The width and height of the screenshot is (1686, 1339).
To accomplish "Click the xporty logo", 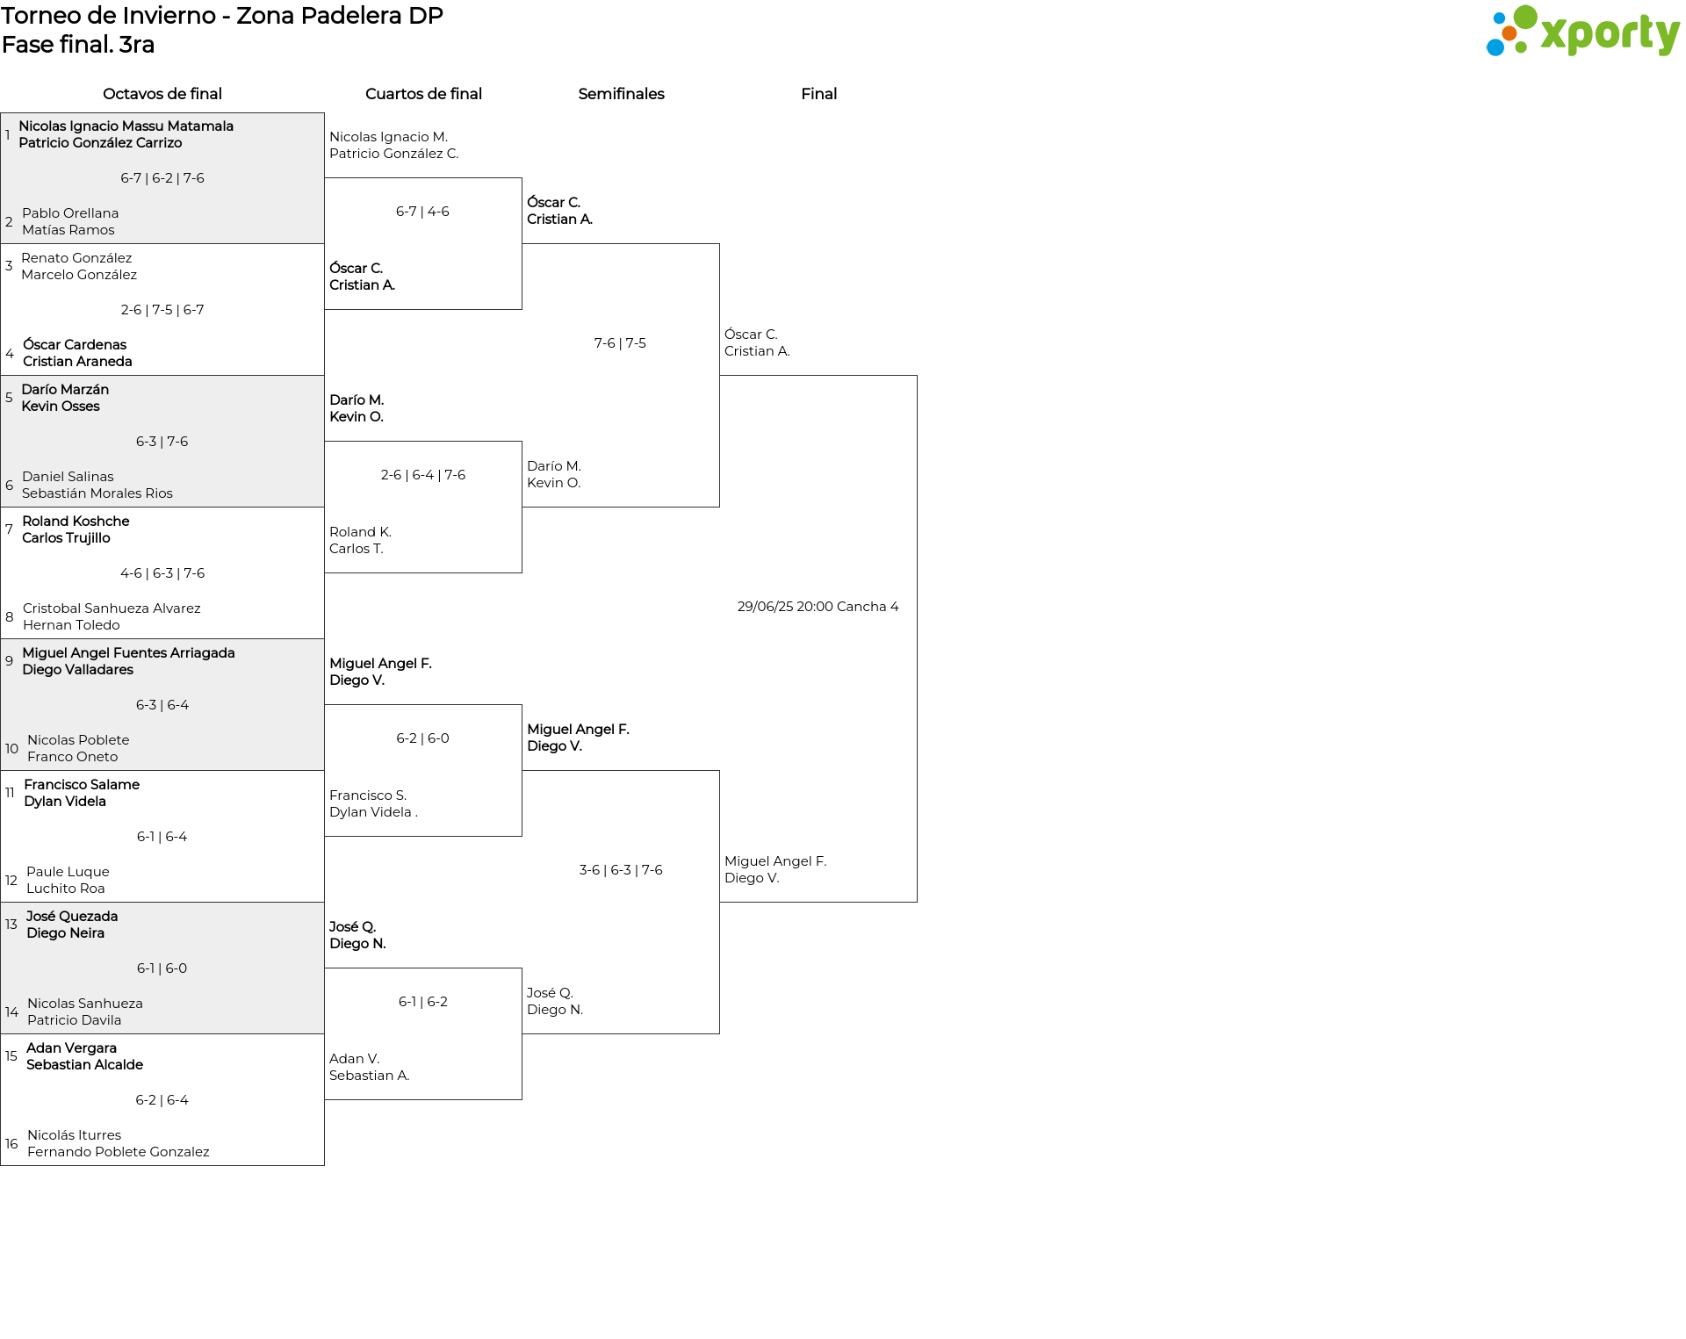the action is pyautogui.click(x=1582, y=32).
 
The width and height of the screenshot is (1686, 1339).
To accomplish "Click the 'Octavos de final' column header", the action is pyautogui.click(x=162, y=94).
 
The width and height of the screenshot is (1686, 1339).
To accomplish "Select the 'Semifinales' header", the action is pyautogui.click(x=621, y=94).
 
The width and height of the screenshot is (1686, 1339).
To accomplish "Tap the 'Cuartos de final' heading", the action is pyautogui.click(x=423, y=94).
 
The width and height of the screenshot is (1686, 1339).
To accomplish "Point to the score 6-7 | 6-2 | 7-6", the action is pyautogui.click(x=162, y=178).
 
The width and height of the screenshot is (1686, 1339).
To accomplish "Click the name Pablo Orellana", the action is pyautogui.click(x=70, y=213).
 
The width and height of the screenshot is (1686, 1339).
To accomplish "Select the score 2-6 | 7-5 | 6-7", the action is pyautogui.click(x=162, y=310).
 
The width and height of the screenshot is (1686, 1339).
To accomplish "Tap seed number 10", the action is pyautogui.click(x=11, y=749).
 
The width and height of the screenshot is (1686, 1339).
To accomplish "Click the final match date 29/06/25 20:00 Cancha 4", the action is pyautogui.click(x=818, y=607).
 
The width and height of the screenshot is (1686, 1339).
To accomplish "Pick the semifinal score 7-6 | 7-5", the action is pyautogui.click(x=620, y=343).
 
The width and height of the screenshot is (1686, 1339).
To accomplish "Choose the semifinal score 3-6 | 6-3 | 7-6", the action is pyautogui.click(x=621, y=870).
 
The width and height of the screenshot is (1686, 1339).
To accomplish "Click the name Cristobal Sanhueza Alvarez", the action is pyautogui.click(x=112, y=608).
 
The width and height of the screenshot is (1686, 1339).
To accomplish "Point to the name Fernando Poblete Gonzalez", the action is pyautogui.click(x=119, y=1152).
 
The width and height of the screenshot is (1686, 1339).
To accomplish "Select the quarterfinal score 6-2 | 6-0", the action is pyautogui.click(x=422, y=738).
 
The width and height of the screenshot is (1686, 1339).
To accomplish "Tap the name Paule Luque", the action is pyautogui.click(x=68, y=872).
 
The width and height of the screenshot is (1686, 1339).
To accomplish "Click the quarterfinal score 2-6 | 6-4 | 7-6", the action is pyautogui.click(x=423, y=475).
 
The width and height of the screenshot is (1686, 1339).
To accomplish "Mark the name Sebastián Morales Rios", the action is pyautogui.click(x=97, y=493).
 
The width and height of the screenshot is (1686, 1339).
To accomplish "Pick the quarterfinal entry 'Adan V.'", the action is pyautogui.click(x=354, y=1059).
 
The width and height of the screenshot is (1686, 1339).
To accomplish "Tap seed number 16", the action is pyautogui.click(x=11, y=1144).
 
